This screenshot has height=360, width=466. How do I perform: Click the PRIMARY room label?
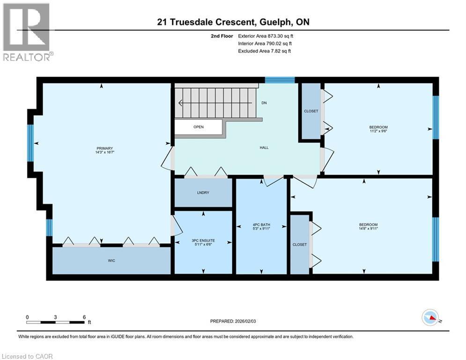click(104, 148)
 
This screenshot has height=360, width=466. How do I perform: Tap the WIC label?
click(111, 261)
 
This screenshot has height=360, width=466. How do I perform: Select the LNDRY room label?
click(203, 193)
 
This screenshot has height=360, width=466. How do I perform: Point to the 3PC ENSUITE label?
click(203, 240)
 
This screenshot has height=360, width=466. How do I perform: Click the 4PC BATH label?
click(261, 225)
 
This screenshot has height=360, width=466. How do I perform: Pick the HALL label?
click(264, 147)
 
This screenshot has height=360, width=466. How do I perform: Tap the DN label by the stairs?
click(264, 103)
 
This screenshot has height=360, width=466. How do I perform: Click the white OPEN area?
click(199, 127)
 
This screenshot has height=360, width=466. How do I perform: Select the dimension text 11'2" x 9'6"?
click(378, 131)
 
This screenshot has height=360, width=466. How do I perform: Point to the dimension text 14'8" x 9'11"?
click(368, 228)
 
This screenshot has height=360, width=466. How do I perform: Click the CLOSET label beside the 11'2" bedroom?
click(311, 111)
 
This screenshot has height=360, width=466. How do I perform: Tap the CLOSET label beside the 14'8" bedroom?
click(299, 245)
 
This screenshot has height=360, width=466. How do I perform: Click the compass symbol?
click(430, 317)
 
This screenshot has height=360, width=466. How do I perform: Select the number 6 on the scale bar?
click(84, 317)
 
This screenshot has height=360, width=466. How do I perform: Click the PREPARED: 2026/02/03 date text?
click(233, 321)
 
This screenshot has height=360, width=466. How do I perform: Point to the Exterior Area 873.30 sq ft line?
click(266, 36)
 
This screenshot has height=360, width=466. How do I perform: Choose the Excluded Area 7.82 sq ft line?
click(265, 51)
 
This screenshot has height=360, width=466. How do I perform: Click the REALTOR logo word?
click(27, 57)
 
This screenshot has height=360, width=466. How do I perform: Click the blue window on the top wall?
click(280, 80)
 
